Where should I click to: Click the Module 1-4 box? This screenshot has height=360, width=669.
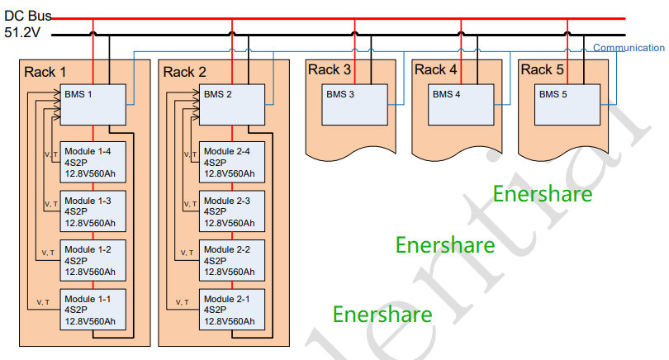point(93,163)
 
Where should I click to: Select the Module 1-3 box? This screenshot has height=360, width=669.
point(93,211)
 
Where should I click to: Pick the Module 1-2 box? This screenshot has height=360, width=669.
point(93,260)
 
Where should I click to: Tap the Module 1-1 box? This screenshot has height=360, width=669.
point(93,309)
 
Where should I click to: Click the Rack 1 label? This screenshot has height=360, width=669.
point(45,72)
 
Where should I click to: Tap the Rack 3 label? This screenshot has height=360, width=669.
point(329,69)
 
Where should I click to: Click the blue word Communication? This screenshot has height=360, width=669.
point(629,48)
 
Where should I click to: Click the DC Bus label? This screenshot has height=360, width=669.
point(28,14)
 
